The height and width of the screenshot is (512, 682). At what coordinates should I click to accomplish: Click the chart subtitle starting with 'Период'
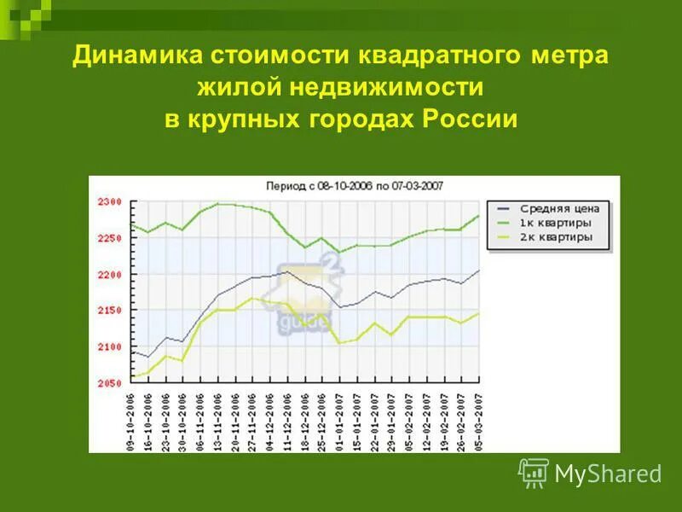point(354,185)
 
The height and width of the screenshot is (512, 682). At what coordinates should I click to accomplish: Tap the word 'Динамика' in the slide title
point(135,57)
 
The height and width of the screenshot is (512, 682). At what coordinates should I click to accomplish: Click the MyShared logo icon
point(534,472)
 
